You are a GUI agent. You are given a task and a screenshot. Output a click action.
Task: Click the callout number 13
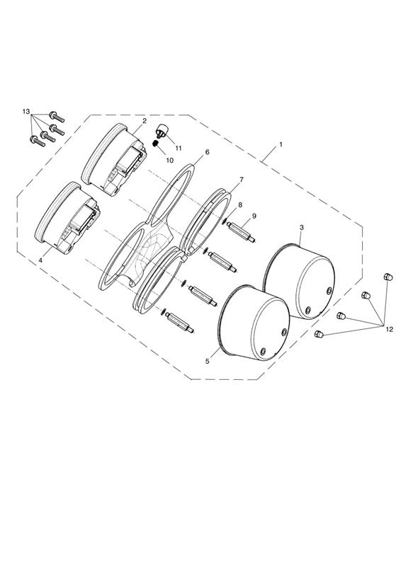click(x=26, y=112)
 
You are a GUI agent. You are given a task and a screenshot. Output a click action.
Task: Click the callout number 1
click(x=281, y=144)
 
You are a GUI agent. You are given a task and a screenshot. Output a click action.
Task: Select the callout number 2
click(x=144, y=121)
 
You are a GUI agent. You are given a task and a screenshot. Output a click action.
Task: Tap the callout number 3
click(x=302, y=227)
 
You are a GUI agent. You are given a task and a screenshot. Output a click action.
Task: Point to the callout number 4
click(x=40, y=260)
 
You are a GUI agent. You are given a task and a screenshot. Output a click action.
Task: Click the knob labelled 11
click(x=162, y=132)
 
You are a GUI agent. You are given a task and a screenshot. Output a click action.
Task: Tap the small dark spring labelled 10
click(x=157, y=143)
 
